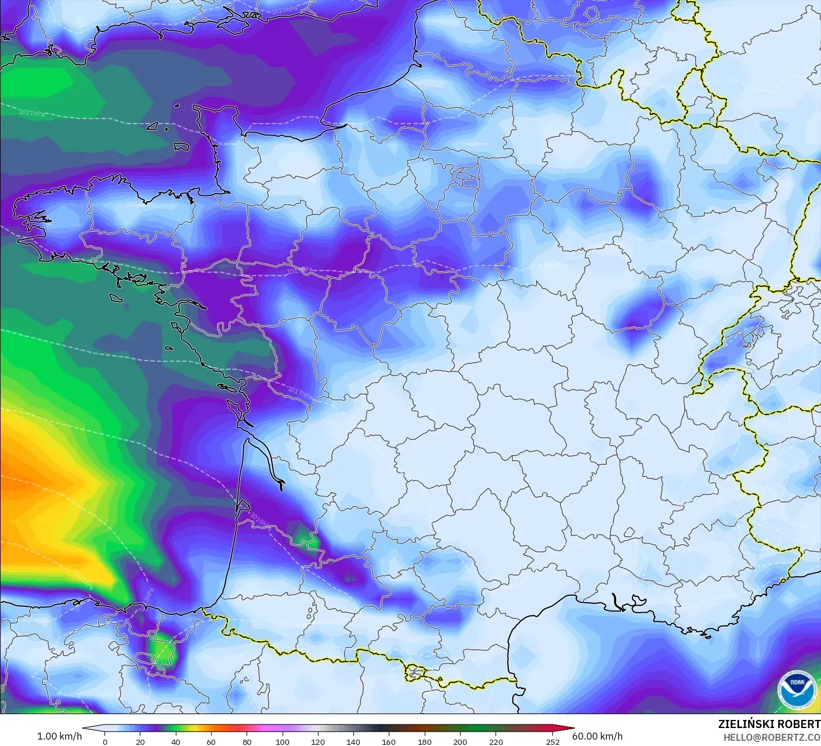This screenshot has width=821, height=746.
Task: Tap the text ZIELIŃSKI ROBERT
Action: click(769, 724)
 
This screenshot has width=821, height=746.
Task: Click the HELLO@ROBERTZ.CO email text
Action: click(772, 737)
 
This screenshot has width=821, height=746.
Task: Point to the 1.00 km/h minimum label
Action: click(59, 736)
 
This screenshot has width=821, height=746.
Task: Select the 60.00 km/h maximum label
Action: click(597, 736)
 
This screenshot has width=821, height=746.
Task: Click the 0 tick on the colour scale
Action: click(105, 741)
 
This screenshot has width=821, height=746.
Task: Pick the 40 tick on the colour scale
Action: click(176, 741)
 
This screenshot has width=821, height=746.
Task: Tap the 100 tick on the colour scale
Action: click(283, 741)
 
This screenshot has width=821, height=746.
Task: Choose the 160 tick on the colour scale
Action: click(389, 741)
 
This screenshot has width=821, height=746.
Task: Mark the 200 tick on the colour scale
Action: click(460, 741)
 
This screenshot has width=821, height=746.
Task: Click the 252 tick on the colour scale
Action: click(552, 741)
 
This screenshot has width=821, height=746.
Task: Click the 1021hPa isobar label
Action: click(32, 113)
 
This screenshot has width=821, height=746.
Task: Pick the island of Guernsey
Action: click(153, 126)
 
